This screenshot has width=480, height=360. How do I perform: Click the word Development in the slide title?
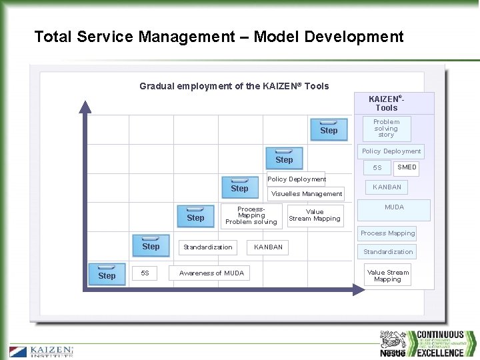[x=359, y=37]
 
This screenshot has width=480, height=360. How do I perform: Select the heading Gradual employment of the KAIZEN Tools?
[x=234, y=86]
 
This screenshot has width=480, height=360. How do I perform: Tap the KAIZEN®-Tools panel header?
[x=387, y=103]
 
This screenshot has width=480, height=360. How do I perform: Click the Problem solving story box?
[x=387, y=128]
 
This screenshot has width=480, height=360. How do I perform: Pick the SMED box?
[x=407, y=167]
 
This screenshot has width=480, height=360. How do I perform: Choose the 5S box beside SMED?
[x=377, y=168]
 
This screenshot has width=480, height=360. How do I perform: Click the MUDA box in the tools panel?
[x=394, y=208]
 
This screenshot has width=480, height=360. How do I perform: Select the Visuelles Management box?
[x=307, y=194]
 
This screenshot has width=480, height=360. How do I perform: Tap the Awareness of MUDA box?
[x=211, y=273]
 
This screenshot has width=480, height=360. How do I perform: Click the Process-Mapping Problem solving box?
[x=251, y=215]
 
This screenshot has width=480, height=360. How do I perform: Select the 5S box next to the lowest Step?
[x=145, y=273]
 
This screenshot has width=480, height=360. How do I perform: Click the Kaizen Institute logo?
[x=41, y=351]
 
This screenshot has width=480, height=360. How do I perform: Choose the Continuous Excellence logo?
[x=440, y=343]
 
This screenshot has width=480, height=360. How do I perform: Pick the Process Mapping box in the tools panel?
[x=387, y=233]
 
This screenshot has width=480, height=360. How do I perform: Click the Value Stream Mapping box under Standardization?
[x=387, y=275]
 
